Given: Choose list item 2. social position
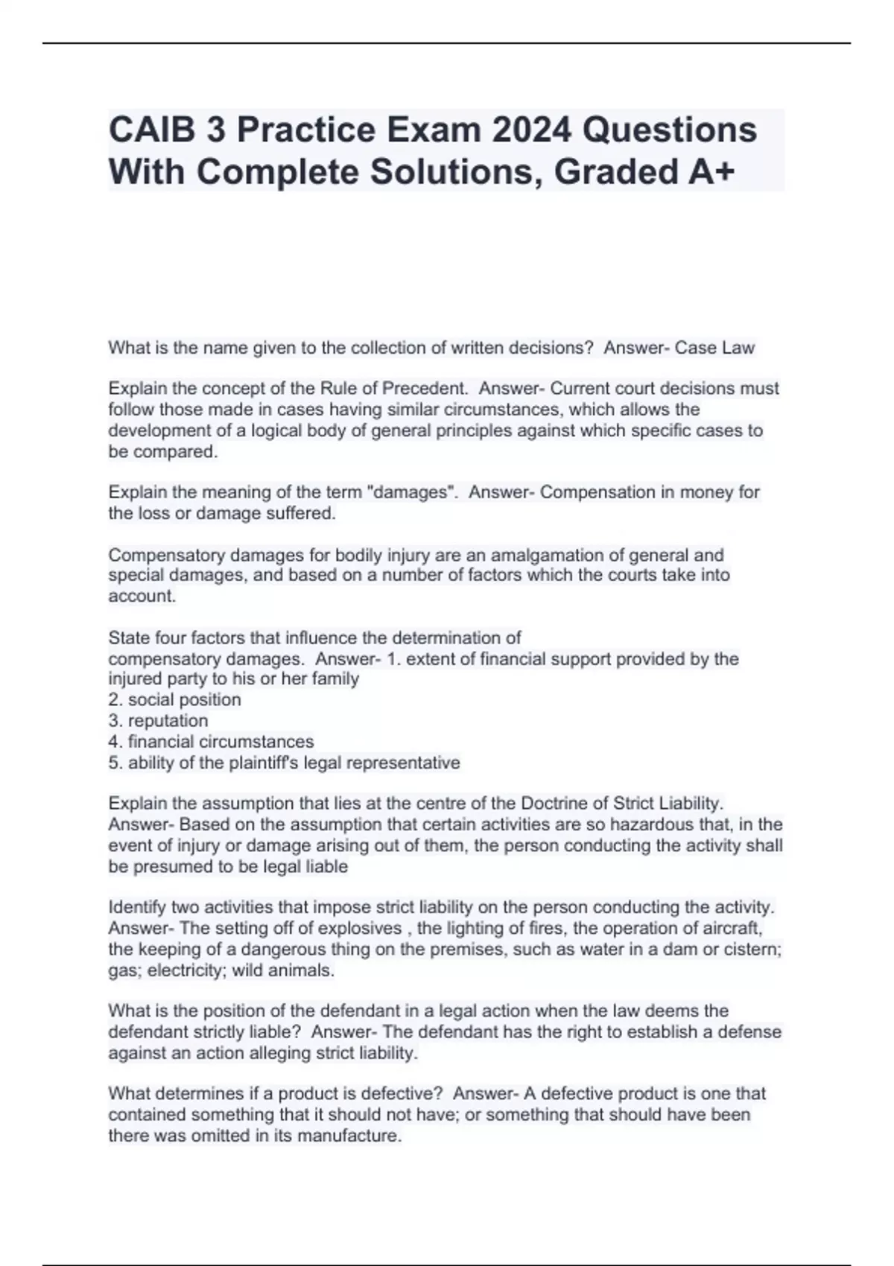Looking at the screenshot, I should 175,700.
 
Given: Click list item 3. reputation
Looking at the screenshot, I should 159,721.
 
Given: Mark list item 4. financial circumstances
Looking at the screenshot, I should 212,742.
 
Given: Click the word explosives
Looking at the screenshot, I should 360,929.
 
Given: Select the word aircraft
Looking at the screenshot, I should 731,929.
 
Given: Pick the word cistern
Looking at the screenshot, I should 750,949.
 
